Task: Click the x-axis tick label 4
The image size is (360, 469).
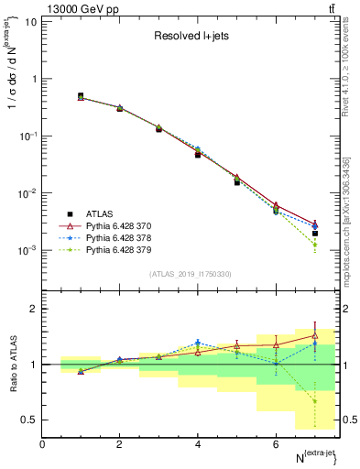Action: click(198, 444)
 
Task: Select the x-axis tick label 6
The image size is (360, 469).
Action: click(276, 444)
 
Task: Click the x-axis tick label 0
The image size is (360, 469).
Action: click(42, 444)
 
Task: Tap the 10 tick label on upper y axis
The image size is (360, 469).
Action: click(29, 21)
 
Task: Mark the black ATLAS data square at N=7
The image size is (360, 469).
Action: click(315, 234)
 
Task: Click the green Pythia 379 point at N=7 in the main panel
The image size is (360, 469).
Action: click(315, 245)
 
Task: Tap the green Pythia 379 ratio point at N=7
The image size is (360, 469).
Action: click(315, 401)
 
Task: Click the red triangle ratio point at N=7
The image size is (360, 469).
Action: click(315, 335)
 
